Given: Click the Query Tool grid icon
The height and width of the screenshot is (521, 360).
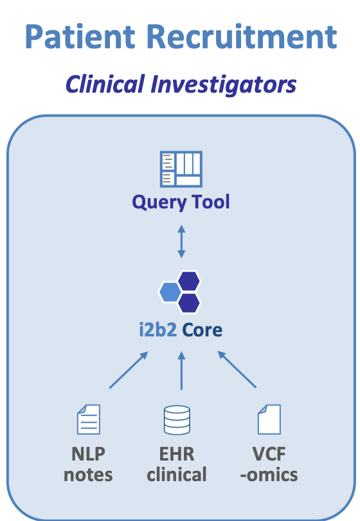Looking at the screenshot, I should click(x=181, y=169).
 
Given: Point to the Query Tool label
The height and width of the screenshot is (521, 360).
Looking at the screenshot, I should click(x=181, y=202).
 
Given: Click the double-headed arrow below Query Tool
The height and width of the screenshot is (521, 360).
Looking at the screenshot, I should click(x=181, y=242).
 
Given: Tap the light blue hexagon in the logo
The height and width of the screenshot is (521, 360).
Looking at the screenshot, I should click(x=170, y=292).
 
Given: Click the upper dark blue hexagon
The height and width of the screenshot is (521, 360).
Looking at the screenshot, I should click(x=189, y=281).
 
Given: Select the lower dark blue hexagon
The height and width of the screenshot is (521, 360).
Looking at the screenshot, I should click(x=189, y=302).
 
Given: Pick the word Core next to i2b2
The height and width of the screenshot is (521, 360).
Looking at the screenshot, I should click(x=202, y=331).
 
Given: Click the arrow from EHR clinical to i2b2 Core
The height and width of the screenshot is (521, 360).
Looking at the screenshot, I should click(x=181, y=370).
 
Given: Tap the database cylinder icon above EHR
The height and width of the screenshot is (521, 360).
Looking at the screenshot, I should click(x=176, y=420).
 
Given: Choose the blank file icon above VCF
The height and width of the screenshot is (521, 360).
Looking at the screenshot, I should click(x=269, y=420).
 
